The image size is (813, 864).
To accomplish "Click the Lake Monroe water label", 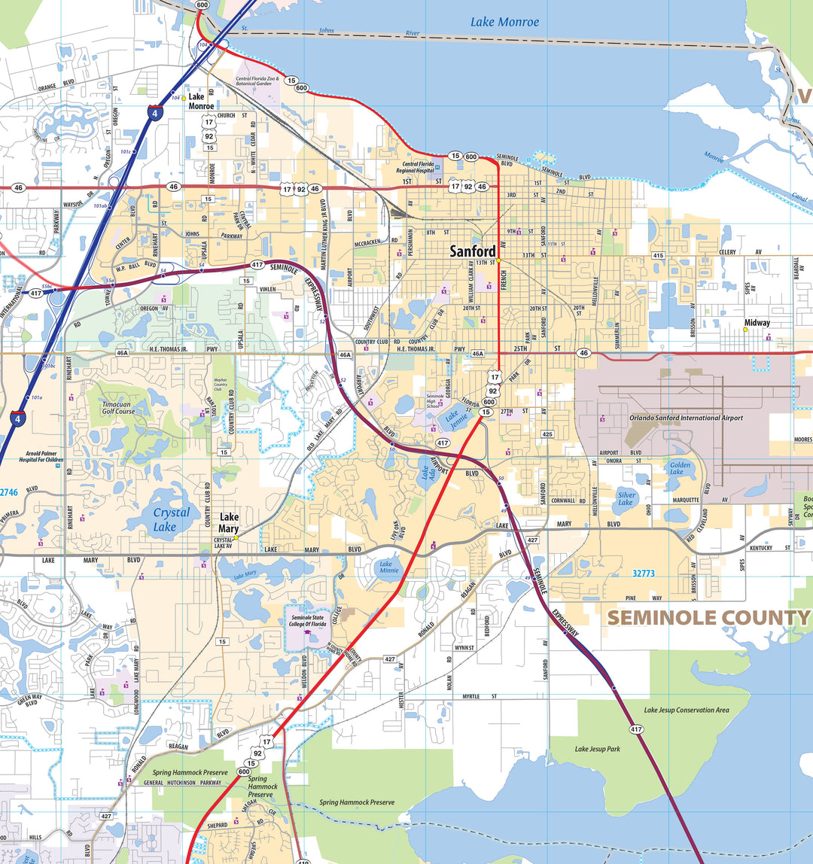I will coord(505,22).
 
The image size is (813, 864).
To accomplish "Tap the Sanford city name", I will coord(473,251).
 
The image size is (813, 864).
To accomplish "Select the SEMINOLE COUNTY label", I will coord(708,618).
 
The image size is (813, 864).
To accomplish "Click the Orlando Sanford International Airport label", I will coord(686,418).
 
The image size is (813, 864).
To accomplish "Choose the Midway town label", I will coord(757,322).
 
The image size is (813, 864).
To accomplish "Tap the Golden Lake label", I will coord(680,470).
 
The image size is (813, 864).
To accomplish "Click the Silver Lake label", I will coord(627,497).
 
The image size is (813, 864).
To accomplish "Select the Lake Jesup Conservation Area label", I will coord(686,710).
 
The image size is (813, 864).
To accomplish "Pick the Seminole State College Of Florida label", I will coord(307,622).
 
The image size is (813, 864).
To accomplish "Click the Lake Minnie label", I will coord(389,568).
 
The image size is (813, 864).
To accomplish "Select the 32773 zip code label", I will coord(644,573).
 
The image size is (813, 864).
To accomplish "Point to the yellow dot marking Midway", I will coord(745,329).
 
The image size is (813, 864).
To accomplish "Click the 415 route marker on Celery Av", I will coord(659,256).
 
